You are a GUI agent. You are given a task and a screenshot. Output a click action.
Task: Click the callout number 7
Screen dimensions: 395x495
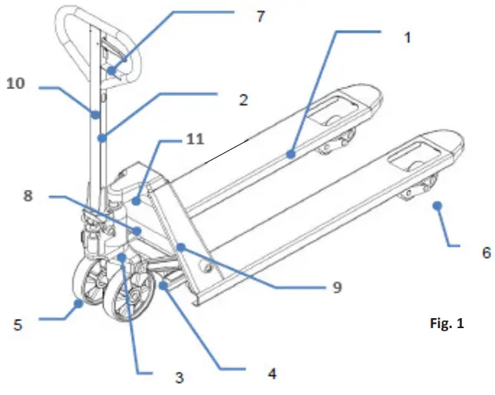(262, 16)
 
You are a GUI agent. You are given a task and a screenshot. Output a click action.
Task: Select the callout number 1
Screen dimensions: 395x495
(408, 37)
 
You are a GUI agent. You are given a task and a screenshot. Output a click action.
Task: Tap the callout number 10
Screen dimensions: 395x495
(16, 83)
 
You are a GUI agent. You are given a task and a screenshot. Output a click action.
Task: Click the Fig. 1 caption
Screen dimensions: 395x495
(447, 324)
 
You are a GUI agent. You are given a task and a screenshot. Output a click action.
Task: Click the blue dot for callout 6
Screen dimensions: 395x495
(437, 205)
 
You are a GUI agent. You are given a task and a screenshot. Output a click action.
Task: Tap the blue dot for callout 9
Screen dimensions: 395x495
(182, 246)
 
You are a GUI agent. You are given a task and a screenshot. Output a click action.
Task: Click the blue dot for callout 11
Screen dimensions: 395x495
(136, 202)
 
